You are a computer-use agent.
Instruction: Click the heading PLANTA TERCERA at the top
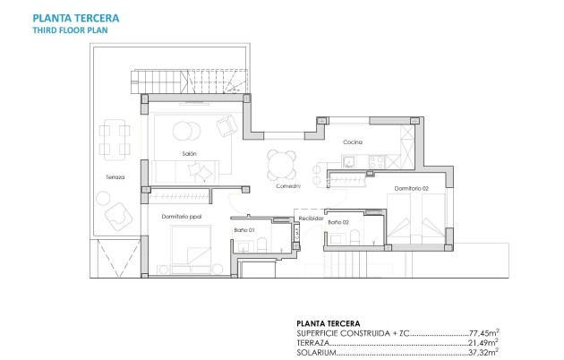(76, 18)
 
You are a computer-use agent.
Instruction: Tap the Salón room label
(189, 154)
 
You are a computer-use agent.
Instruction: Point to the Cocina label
(352, 142)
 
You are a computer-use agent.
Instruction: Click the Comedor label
(286, 186)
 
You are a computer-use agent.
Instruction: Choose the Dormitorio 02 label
(408, 188)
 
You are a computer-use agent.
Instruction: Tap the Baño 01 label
(245, 230)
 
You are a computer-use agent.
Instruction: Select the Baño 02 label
(338, 221)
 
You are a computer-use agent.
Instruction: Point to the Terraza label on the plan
(115, 177)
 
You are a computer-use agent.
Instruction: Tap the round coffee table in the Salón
(187, 131)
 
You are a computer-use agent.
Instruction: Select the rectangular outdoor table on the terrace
(112, 139)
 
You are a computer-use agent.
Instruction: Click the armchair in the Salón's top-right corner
(227, 125)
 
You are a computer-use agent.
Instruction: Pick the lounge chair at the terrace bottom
(117, 217)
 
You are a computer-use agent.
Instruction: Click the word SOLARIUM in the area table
(314, 352)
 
